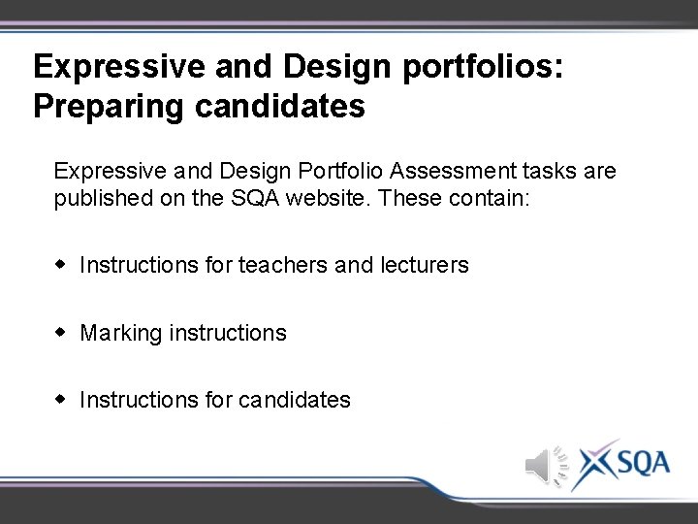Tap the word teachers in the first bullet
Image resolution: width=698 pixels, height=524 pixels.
282,265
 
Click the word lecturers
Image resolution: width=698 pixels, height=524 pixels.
423,265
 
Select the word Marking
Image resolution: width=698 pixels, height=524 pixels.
121,333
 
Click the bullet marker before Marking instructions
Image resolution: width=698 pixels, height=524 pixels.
61,332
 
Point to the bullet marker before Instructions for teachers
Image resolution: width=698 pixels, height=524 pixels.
61,264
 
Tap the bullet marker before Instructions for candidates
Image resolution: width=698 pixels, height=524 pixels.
61,399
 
